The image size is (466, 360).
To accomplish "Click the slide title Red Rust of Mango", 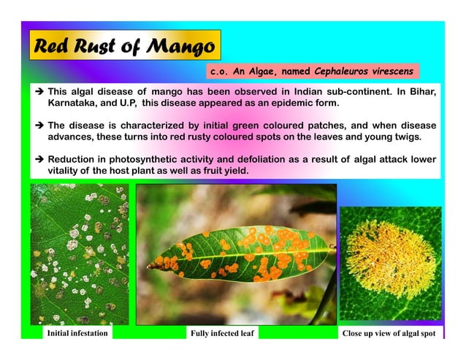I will (x=123, y=47).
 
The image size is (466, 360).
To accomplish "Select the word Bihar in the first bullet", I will (x=421, y=91).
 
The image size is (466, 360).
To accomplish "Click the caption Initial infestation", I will (x=77, y=334).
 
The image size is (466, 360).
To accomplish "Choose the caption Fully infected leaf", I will (x=222, y=334).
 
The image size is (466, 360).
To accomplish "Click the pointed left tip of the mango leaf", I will (x=149, y=264).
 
